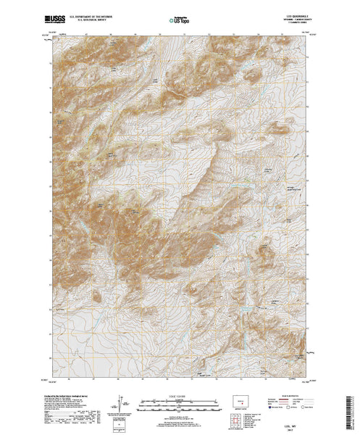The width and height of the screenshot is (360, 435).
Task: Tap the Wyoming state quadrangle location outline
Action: [240, 400]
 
